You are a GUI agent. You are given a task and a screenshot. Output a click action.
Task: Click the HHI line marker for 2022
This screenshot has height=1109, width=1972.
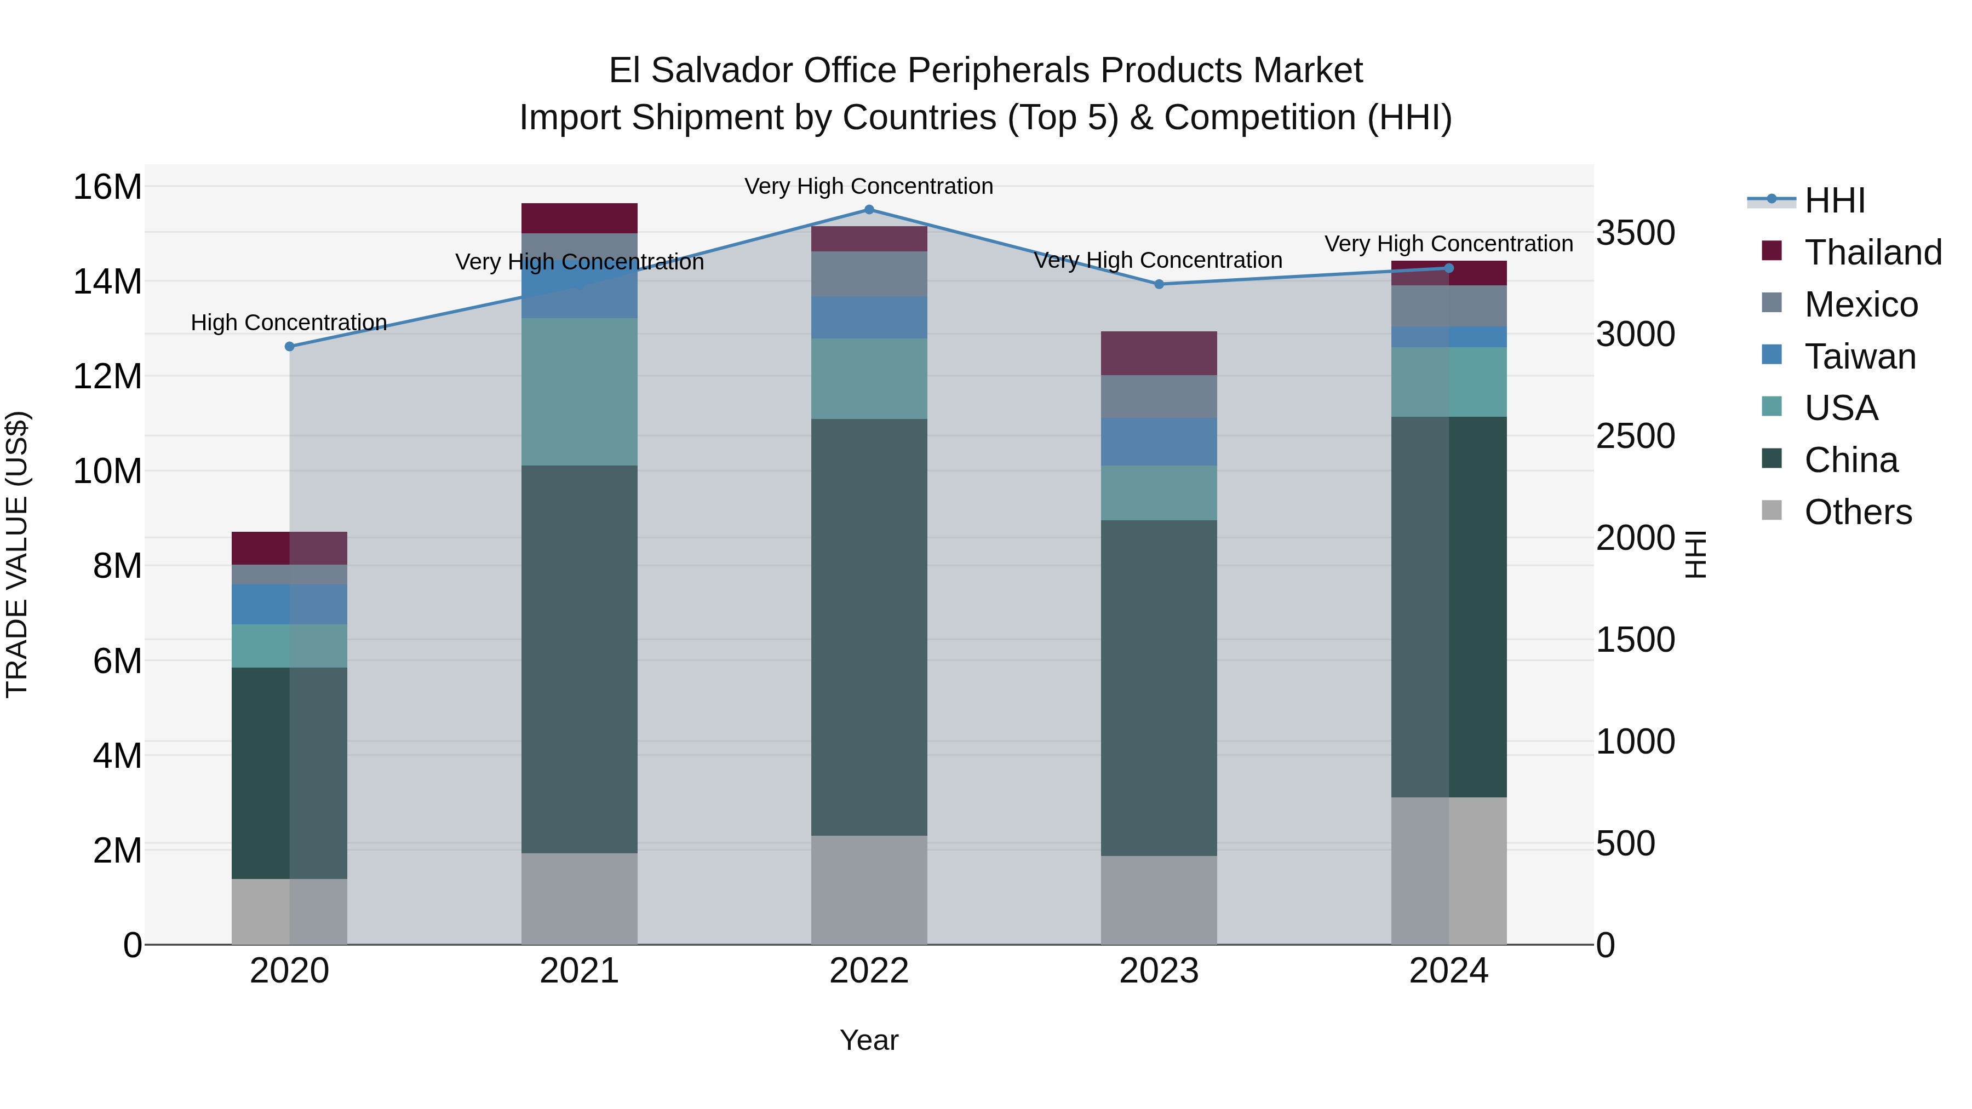[x=869, y=210]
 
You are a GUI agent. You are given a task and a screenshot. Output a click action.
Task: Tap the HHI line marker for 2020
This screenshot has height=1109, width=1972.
[x=289, y=347]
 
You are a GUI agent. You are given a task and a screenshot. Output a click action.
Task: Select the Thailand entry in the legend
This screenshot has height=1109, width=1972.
[x=1872, y=252]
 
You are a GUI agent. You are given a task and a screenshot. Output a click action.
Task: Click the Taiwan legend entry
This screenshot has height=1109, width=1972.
[x=1860, y=357]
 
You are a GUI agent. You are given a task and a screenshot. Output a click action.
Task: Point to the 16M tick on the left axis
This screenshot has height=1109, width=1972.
[x=107, y=187]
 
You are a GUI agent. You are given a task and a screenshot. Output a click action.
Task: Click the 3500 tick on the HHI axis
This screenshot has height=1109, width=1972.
[x=1636, y=233]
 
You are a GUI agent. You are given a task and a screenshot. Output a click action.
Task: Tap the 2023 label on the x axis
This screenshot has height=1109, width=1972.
[x=1158, y=971]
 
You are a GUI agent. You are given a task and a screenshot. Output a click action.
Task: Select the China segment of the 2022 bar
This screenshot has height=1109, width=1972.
[x=869, y=628]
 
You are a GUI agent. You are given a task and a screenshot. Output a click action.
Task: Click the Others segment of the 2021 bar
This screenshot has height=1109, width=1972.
[x=580, y=899]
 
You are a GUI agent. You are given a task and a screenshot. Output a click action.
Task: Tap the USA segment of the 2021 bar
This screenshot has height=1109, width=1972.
[x=580, y=392]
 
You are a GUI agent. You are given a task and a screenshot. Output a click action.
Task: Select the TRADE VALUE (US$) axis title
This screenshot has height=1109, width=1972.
[x=18, y=554]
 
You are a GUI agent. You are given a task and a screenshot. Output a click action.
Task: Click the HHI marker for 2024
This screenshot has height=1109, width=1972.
[x=1448, y=268]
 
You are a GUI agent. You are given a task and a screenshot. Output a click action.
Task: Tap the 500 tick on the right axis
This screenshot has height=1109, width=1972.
[x=1636, y=843]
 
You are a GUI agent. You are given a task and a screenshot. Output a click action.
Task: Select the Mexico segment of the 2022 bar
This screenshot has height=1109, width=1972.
[x=869, y=274]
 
